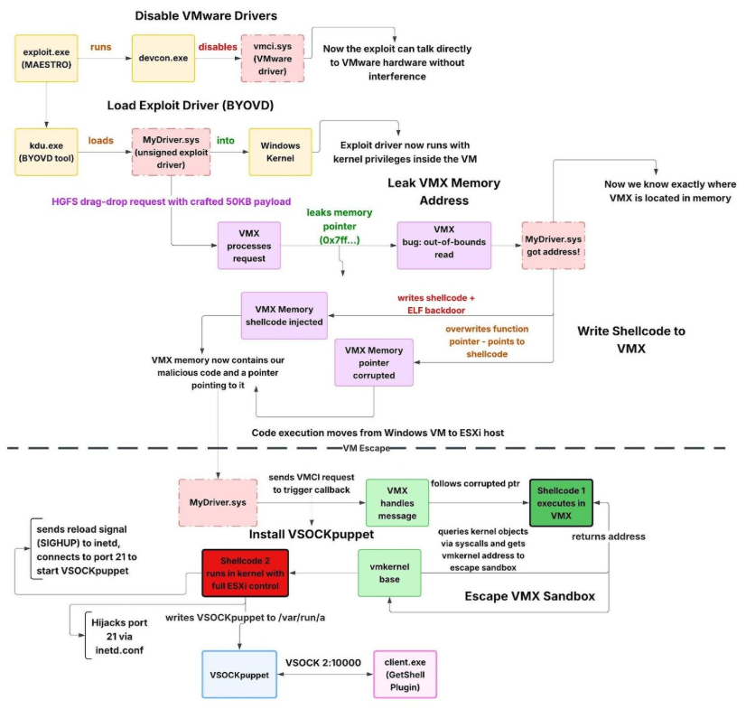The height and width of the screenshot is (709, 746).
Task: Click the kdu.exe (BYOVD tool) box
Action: [x=46, y=152]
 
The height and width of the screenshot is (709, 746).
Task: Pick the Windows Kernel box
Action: [x=280, y=152]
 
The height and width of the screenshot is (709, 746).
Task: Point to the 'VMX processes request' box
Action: [x=248, y=246]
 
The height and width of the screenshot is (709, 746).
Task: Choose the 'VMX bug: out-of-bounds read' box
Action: [x=443, y=246]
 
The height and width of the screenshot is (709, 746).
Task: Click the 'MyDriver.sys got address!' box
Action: [x=551, y=246]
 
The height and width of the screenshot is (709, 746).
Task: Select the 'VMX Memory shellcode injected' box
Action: [x=284, y=315]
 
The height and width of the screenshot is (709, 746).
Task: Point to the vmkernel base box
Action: [x=390, y=571]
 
